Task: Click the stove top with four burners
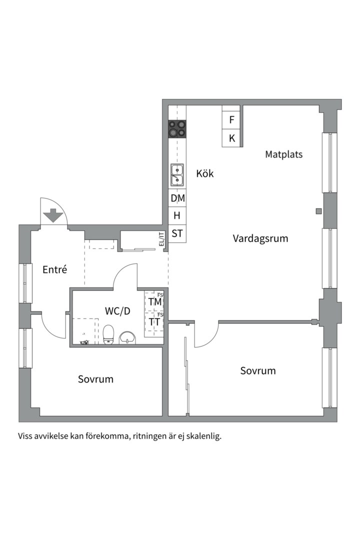177,129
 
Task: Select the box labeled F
231,120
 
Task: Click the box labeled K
231,138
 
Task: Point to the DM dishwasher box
177,198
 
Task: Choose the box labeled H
177,215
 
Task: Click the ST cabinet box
177,233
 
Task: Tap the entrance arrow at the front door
53,215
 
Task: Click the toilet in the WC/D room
108,334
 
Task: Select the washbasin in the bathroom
127,337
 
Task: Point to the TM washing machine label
155,301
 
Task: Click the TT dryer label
154,322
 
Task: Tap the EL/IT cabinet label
161,239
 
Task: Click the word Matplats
284,154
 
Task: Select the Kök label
205,173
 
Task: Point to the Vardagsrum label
260,238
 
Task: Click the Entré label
55,269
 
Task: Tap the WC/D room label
117,311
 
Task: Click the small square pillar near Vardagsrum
318,211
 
